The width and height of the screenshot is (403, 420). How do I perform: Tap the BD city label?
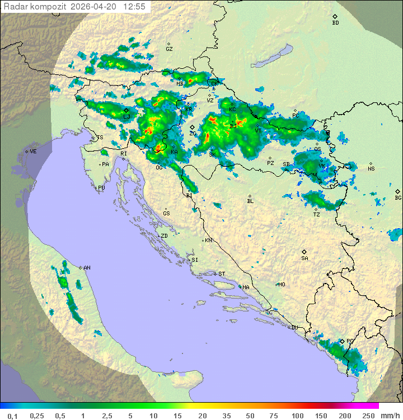335,23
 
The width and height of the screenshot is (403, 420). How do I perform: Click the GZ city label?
169,49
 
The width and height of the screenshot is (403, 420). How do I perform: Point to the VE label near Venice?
33,152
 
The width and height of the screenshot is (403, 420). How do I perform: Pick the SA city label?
304,258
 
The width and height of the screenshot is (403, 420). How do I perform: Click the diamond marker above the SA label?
304,252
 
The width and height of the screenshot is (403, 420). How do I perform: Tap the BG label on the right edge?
398,198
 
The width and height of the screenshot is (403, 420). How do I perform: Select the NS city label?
371,169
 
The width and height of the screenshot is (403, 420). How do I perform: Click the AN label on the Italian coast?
87,268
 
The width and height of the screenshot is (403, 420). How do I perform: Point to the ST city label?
222,274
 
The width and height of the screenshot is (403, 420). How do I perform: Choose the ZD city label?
164,236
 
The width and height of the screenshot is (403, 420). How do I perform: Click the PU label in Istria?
101,188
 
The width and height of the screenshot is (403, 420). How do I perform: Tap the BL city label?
250,201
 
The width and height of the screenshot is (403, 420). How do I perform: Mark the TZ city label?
317,215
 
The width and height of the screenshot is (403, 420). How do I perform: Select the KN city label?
208,240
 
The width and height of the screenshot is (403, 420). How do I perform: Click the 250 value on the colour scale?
368,416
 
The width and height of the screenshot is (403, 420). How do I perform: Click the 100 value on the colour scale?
297,416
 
